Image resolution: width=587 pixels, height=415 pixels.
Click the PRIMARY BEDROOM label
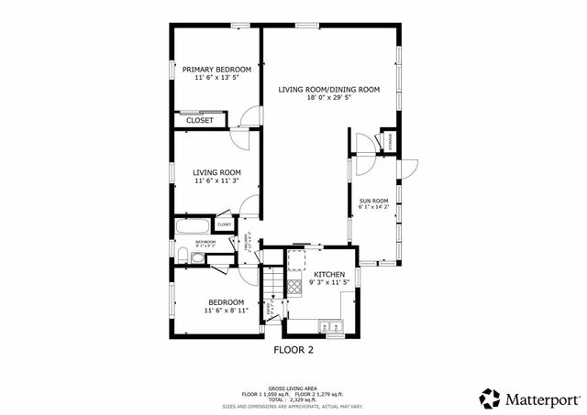click(x=216, y=70)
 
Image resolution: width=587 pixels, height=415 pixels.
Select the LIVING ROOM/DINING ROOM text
click(x=329, y=89)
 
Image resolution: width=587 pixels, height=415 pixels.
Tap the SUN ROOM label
click(x=373, y=201)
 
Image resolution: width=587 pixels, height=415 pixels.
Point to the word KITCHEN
click(x=329, y=275)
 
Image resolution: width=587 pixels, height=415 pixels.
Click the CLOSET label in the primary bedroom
click(x=200, y=120)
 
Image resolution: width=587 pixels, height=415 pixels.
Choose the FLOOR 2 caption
click(x=293, y=350)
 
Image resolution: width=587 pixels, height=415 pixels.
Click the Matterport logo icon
click(x=491, y=398)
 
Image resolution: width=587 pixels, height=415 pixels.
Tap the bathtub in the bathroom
click(x=191, y=224)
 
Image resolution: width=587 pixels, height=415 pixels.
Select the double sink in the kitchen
click(x=327, y=323)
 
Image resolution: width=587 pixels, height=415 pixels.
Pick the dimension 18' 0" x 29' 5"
click(x=329, y=98)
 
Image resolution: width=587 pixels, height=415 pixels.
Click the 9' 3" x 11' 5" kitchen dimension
click(x=329, y=284)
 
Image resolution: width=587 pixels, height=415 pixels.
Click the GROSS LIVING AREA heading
click(x=293, y=388)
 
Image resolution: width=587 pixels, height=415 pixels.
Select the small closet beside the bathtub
click(x=224, y=224)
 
